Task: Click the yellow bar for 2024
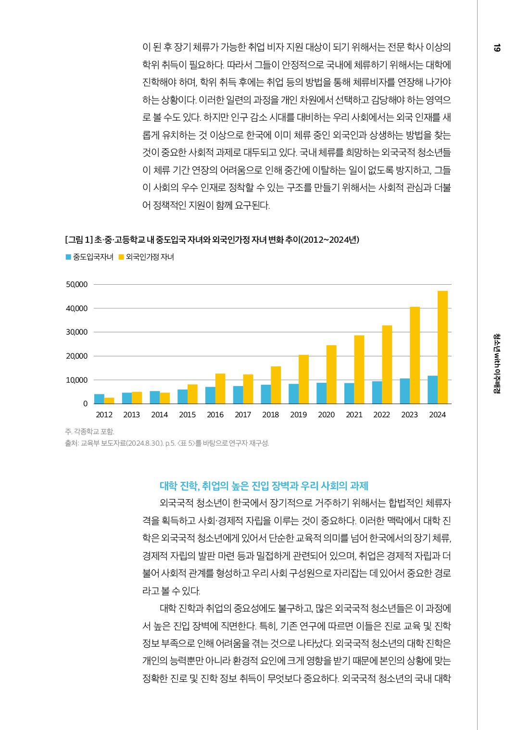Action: (442, 347)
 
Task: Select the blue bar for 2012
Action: (99, 399)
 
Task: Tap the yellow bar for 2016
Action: (220, 389)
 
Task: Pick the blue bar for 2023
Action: (405, 391)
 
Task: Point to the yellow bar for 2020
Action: (331, 374)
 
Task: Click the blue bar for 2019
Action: (293, 393)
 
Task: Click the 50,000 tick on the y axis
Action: (77, 285)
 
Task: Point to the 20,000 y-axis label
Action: (77, 356)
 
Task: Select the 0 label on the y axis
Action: (85, 404)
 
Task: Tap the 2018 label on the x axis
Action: (271, 415)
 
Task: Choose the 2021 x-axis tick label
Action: (354, 415)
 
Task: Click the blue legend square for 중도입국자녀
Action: (68, 257)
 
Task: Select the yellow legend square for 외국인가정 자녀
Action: (121, 257)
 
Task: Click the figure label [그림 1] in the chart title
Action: (79, 239)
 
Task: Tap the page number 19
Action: (497, 48)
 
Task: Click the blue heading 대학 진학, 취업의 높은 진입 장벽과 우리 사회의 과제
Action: (264, 486)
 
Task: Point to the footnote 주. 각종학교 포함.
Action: (90, 431)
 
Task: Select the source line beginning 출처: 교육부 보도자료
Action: (167, 443)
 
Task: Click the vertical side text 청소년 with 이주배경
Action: (497, 364)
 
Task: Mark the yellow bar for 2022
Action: (387, 365)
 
